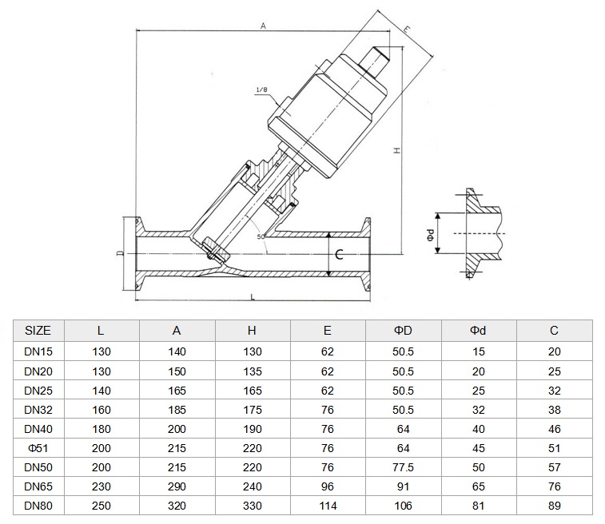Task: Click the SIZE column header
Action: (38, 331)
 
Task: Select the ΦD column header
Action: (403, 331)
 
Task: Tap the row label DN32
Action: (38, 410)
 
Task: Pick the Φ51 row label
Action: (38, 448)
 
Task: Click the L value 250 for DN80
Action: (101, 506)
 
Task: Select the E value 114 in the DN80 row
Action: (328, 506)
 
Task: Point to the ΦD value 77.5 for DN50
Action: (403, 467)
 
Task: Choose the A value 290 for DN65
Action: (177, 486)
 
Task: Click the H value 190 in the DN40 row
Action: (253, 429)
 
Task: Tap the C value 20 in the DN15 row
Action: (554, 351)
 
